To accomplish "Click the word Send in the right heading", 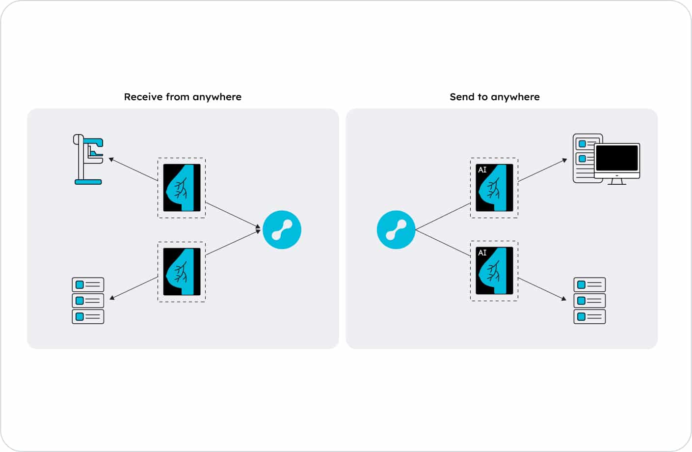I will pos(461,97).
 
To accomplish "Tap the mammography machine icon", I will pos(88,159).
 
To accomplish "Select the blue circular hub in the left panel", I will pos(282,229).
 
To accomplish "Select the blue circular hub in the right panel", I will pos(396,229).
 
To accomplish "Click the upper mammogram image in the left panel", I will pos(182,188).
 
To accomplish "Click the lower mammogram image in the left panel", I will pos(182,272).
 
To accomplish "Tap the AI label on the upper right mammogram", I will pos(482,170).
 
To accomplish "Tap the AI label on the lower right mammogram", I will pos(482,253).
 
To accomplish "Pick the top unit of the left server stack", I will pos(88,284).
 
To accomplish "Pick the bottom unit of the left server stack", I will pos(88,316).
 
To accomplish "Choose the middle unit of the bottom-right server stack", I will pos(589,300).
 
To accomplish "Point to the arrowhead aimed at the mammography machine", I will pos(111,159).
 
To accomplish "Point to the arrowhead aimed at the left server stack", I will pos(112,297).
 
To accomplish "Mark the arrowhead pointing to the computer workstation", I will pos(564,160).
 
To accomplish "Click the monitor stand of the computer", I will pos(616,181).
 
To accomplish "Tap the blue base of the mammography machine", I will pos(88,182).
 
